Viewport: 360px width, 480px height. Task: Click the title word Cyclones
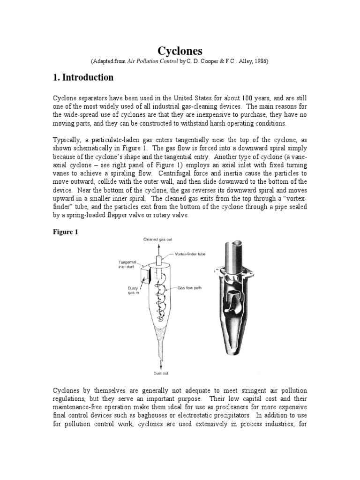click(x=180, y=51)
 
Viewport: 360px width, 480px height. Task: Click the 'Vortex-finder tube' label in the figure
click(x=189, y=254)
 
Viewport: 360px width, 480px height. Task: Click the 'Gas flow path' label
click(x=190, y=288)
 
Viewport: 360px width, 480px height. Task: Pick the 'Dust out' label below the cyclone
click(x=160, y=373)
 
